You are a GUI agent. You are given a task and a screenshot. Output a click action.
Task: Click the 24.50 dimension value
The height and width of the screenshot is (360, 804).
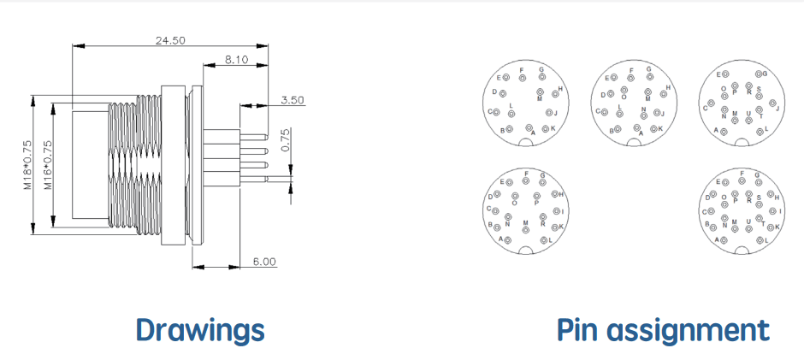click(x=170, y=40)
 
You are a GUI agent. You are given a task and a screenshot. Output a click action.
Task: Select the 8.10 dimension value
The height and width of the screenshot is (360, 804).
click(x=236, y=60)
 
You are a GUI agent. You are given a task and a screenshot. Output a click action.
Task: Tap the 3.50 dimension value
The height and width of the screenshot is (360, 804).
click(x=293, y=100)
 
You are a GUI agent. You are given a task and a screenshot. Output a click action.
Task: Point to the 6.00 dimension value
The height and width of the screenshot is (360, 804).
click(x=264, y=262)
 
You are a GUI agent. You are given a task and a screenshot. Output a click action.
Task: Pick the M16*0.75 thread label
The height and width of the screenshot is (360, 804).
click(x=48, y=165)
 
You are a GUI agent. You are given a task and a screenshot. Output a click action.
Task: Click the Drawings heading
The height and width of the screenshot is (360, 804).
click(x=200, y=330)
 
